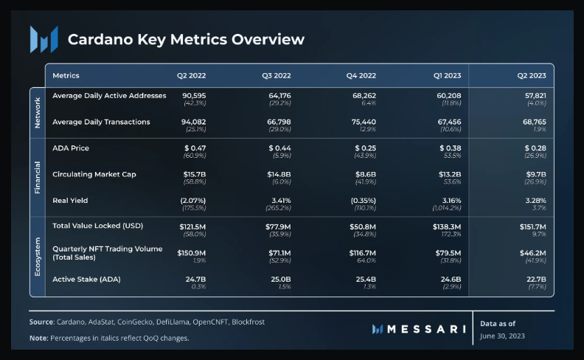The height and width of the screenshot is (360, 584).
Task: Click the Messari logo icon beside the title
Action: tap(44, 39)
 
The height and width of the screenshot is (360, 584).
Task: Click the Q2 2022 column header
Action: tap(192, 75)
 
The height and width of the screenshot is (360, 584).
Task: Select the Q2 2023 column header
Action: tap(531, 75)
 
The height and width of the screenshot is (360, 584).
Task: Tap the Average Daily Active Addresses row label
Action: tap(109, 95)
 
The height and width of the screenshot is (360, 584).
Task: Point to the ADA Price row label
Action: tap(71, 148)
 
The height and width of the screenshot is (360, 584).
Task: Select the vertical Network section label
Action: tap(37, 112)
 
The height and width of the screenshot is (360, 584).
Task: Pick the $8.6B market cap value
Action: tap(363, 175)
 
